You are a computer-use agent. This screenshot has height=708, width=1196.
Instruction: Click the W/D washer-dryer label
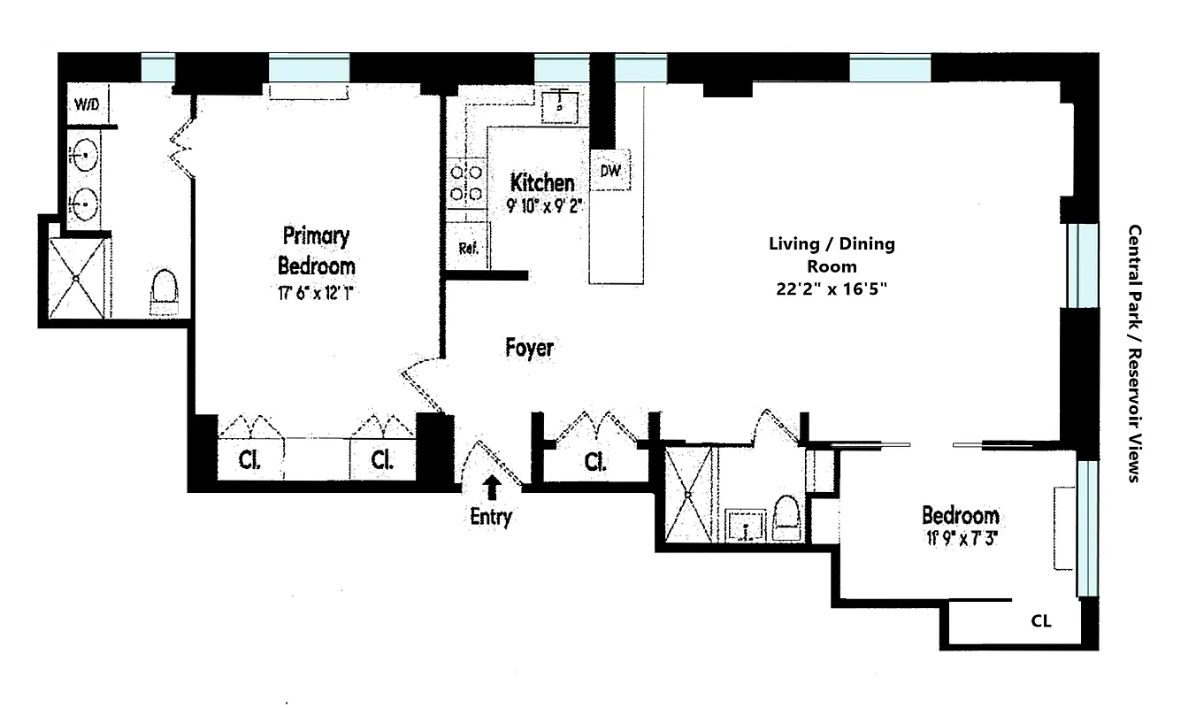pos(87,104)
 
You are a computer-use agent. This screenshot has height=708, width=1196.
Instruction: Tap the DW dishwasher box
pos(610,172)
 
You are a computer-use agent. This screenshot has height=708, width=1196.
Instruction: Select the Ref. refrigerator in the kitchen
pos(468,249)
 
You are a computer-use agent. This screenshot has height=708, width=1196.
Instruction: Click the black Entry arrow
pos(491,486)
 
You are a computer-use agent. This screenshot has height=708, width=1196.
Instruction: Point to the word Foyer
pos(529,348)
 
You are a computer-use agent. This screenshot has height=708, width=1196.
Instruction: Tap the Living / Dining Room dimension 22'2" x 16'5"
pos(831,288)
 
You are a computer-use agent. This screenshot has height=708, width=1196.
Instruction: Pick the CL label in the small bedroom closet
pos(1041,621)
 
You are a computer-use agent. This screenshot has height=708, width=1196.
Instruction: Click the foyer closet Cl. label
pos(596,462)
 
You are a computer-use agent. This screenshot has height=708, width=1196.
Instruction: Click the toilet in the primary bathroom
pos(165,292)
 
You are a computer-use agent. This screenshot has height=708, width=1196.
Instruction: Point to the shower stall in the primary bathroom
pos(76,277)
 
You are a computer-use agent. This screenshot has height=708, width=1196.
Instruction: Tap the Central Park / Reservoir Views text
pos(1133,352)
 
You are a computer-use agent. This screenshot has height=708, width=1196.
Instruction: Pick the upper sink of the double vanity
pos(85,157)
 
